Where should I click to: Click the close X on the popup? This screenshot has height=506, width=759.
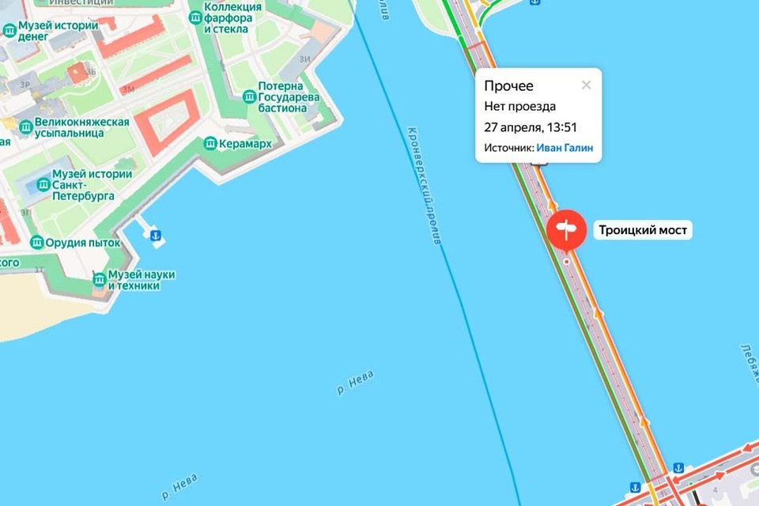(586, 85)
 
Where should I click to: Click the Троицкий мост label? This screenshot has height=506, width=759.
(644, 231)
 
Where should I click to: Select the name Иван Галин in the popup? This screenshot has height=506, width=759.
(565, 148)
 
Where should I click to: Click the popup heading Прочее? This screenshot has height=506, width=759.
(508, 86)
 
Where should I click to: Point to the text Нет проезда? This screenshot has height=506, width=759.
(519, 107)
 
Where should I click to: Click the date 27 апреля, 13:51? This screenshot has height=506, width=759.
(531, 127)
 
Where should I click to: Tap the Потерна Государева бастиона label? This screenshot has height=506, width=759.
(289, 96)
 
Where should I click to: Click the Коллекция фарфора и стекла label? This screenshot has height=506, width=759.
(233, 17)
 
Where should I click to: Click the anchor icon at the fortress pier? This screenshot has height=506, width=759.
(156, 236)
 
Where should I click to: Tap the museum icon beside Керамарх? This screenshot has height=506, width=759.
(210, 144)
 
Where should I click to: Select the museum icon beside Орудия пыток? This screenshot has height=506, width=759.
(36, 243)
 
